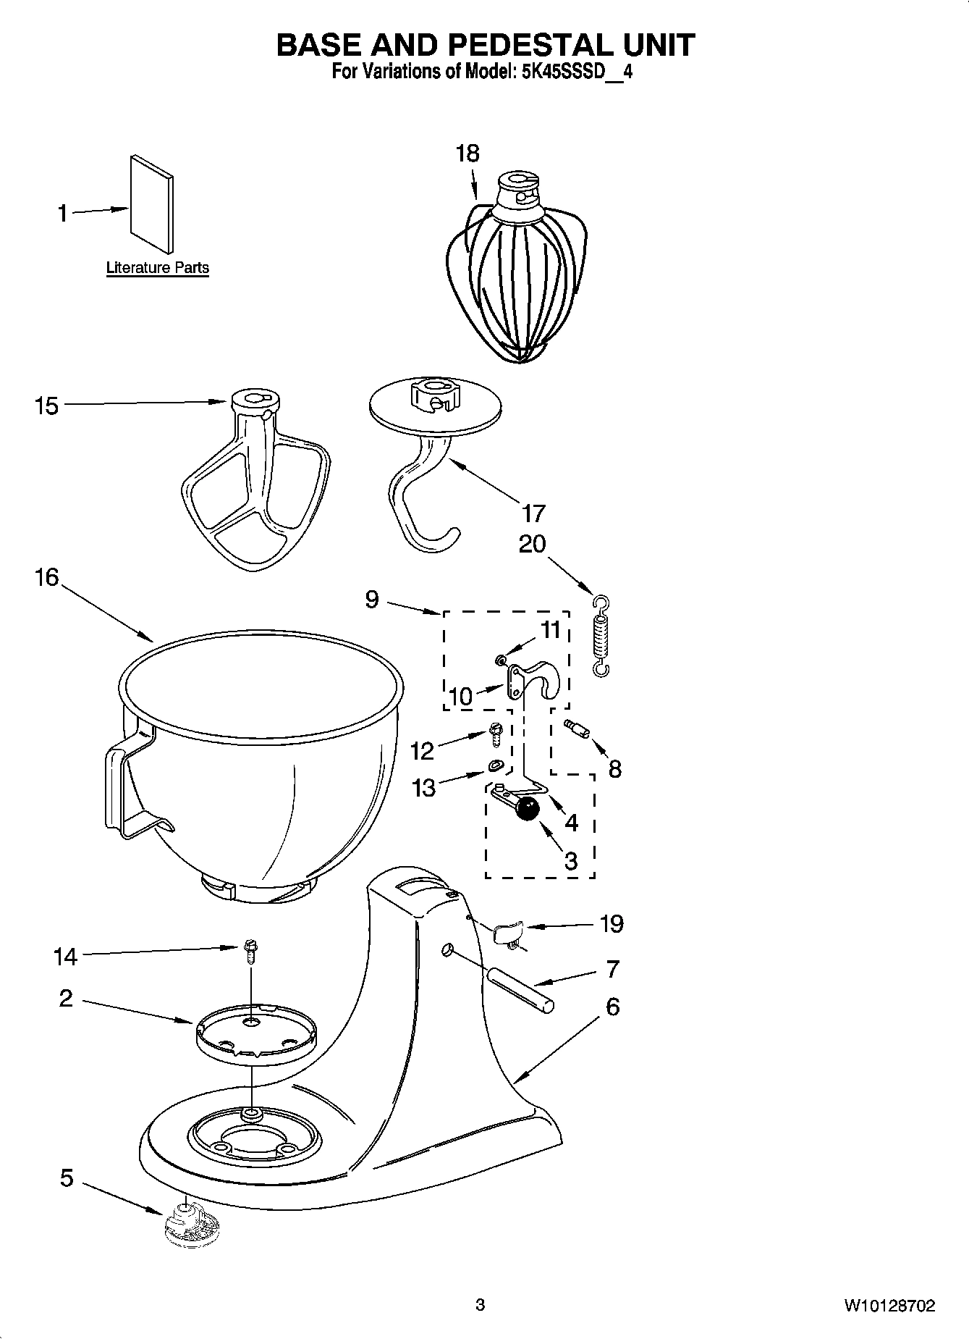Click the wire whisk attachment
[516, 275]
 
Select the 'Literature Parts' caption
[157, 268]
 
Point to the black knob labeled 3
[528, 808]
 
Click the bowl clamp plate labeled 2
[255, 1034]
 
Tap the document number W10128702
[889, 1306]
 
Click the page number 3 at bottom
[480, 1306]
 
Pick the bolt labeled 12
[496, 734]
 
